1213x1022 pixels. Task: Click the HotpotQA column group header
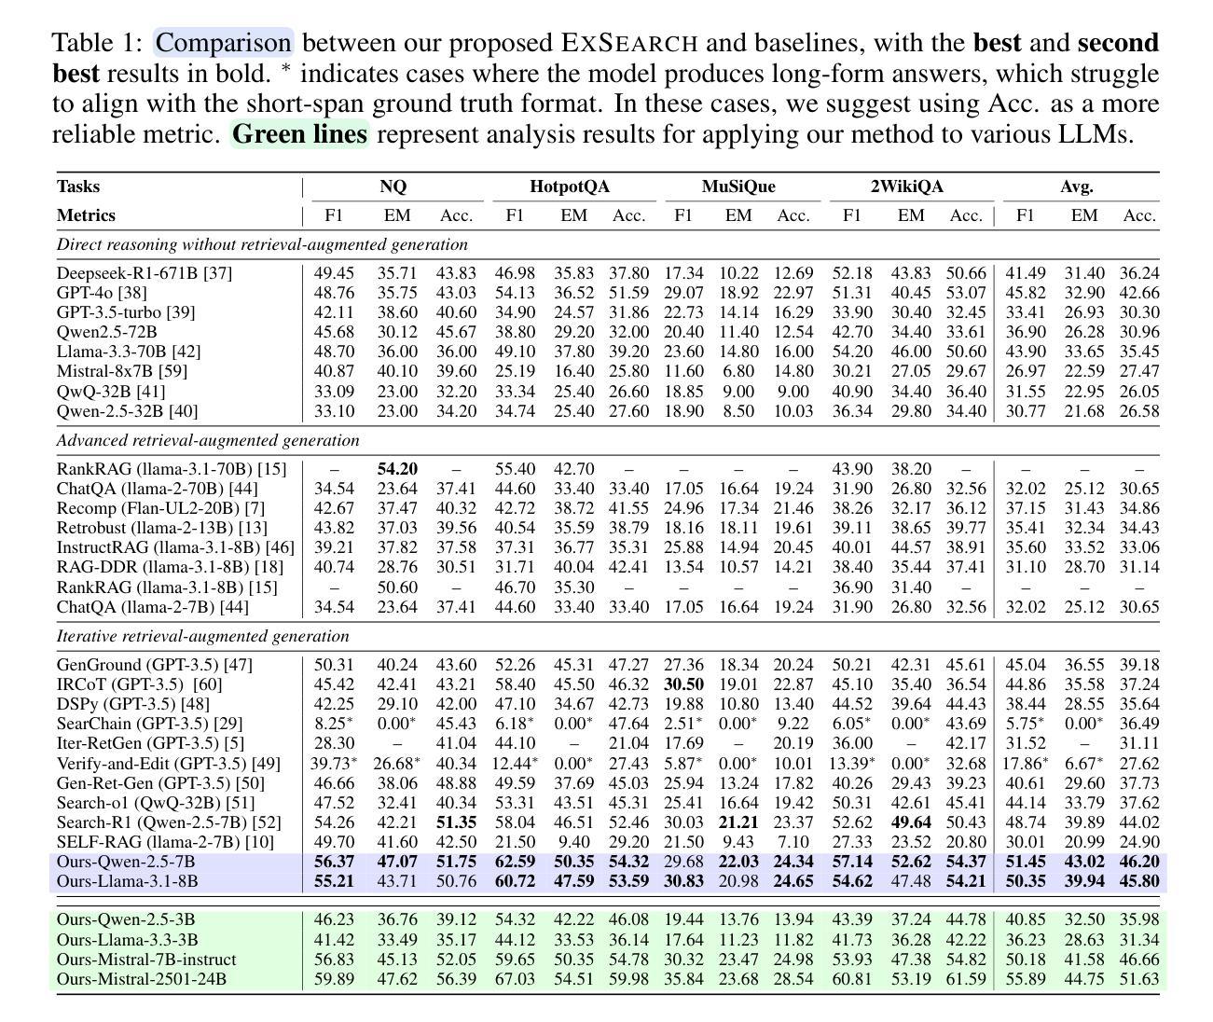[570, 186]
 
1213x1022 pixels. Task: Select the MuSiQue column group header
[737, 186]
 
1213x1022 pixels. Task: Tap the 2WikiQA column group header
[906, 186]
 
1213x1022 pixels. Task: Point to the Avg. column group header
[1077, 186]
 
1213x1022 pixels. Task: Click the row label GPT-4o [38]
[102, 292]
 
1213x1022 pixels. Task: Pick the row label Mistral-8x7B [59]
[122, 371]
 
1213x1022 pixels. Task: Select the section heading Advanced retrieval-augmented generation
[208, 440]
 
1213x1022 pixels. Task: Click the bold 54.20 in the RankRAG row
[397, 468]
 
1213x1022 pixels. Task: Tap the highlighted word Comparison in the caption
[223, 42]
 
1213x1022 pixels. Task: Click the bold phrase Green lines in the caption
[300, 133]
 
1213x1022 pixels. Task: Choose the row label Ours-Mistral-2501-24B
[141, 979]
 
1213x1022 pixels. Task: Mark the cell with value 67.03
[514, 979]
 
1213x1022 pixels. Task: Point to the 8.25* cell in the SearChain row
[334, 724]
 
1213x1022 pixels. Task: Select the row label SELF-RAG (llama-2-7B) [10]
[165, 841]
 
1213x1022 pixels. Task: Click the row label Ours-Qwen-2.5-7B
[126, 861]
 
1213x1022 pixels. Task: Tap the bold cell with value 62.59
[515, 861]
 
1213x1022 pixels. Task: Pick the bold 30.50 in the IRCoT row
[683, 684]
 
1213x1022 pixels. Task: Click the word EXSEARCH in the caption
[628, 42]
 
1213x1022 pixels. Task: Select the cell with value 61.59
[966, 979]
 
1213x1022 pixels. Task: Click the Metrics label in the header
[86, 215]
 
